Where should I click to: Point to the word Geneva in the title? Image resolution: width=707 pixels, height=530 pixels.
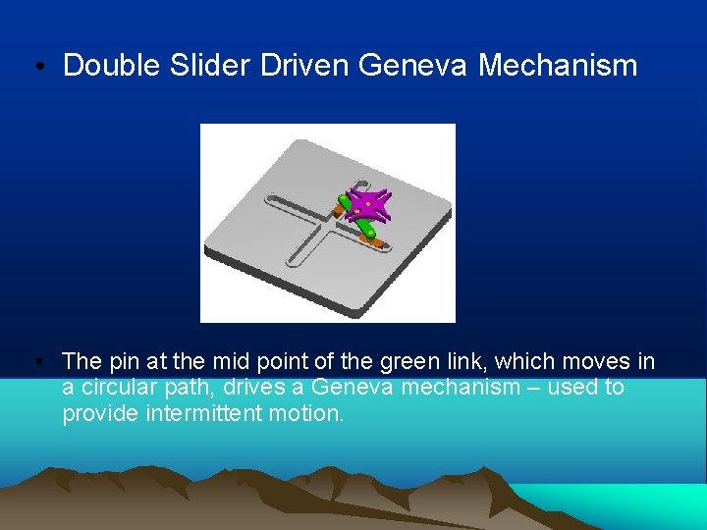[x=413, y=67]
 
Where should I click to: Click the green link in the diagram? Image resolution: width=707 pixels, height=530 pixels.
[x=365, y=229]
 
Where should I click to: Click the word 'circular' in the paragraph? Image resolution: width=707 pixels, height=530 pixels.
[x=122, y=387]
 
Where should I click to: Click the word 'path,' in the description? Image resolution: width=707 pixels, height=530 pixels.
[x=192, y=387]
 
